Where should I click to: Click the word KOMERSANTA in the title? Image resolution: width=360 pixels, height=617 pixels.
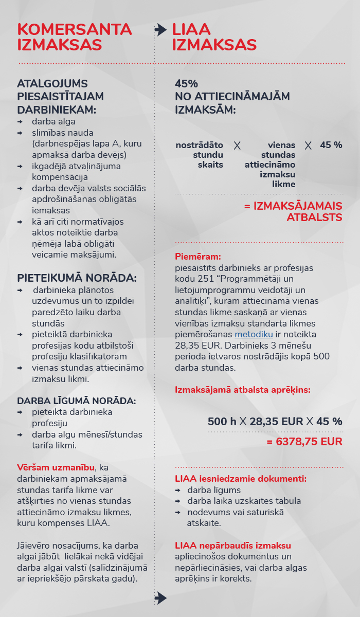click(x=75, y=29)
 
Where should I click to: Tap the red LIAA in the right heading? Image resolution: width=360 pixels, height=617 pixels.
click(x=191, y=29)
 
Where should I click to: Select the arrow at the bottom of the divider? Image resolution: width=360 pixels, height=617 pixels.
click(x=160, y=597)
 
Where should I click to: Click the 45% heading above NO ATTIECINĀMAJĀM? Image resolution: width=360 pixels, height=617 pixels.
click(x=186, y=84)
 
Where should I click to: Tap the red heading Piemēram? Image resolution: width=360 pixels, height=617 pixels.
click(x=198, y=256)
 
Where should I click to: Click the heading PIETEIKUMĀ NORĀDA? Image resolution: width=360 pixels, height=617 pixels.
click(x=77, y=278)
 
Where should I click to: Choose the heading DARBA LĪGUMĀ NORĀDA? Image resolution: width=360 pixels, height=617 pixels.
click(x=76, y=401)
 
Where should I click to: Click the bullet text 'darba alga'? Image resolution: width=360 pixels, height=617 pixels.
click(x=53, y=121)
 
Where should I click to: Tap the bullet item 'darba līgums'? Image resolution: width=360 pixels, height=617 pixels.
click(x=214, y=490)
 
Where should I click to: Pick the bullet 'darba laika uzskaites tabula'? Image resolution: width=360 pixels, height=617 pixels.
click(x=244, y=501)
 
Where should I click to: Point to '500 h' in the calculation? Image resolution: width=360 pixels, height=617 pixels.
click(x=222, y=422)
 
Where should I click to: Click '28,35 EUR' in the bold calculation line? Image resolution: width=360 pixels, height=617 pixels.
click(x=276, y=422)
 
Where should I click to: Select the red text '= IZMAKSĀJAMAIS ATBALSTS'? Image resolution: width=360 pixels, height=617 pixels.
click(x=293, y=211)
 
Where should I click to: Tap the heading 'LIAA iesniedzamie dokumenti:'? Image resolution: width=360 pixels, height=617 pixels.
click(x=241, y=479)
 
